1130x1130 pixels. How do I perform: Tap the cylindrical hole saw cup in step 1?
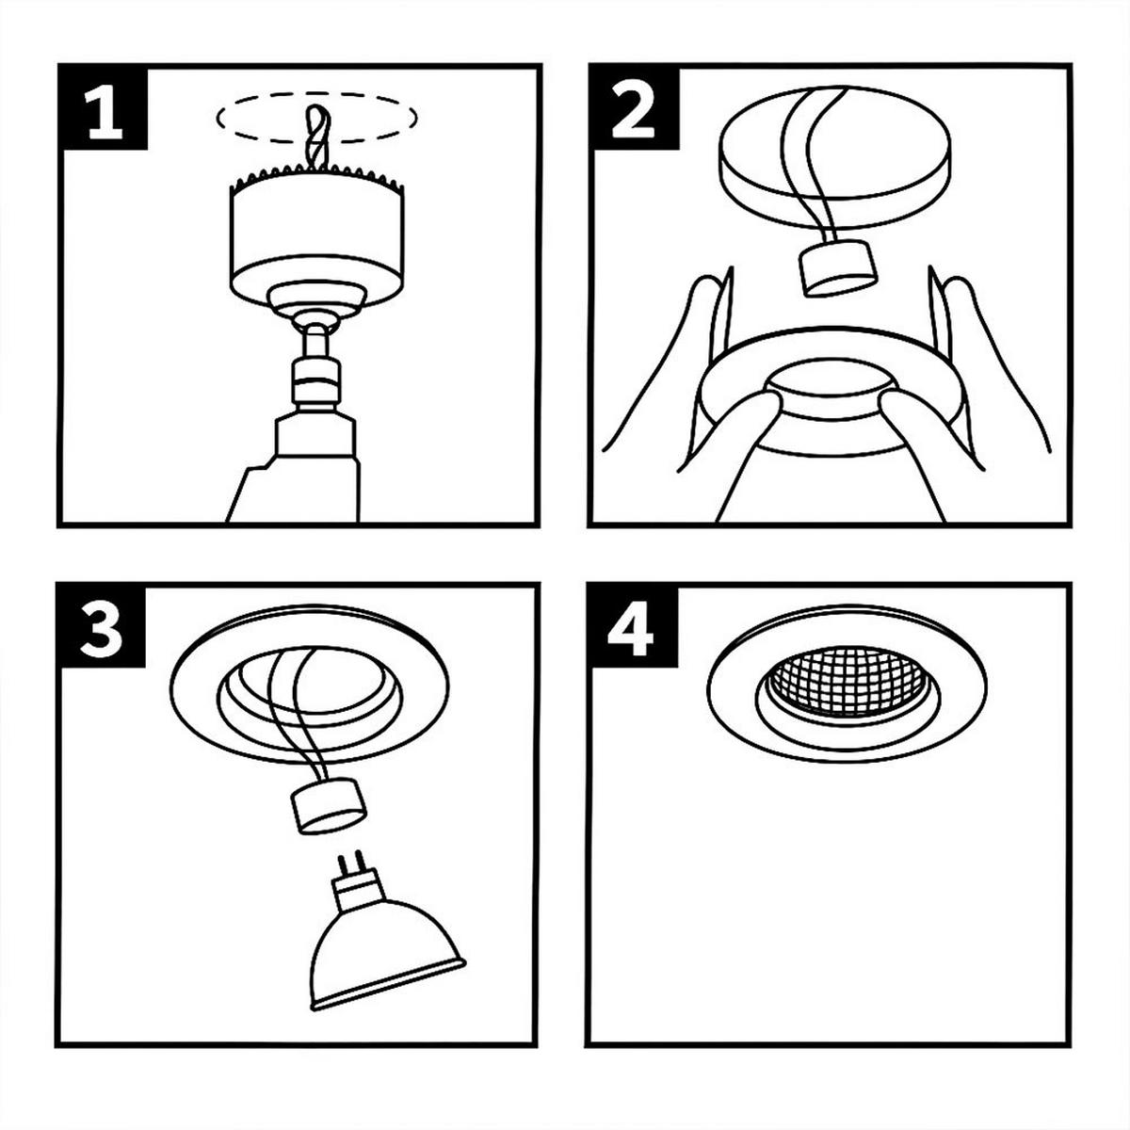point(317,234)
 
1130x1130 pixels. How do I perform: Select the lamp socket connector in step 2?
point(839,269)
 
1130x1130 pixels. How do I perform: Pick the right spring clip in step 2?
point(938,316)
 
